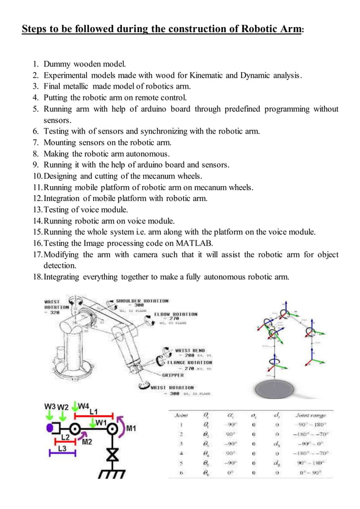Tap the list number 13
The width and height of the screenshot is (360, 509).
37,210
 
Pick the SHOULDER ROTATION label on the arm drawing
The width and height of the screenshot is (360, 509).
142,301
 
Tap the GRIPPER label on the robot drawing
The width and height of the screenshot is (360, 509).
172,374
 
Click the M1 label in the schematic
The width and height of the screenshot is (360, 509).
131,428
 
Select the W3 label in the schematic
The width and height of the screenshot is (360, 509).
50,406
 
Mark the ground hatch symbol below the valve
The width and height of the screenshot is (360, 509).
112,475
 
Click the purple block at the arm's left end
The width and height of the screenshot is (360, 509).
50,428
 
